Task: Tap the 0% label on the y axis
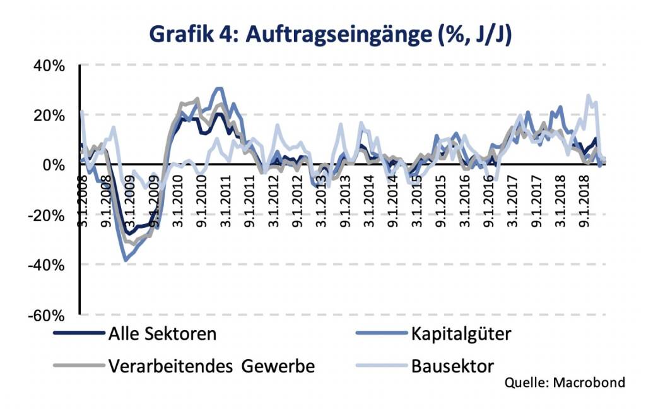coord(53,165)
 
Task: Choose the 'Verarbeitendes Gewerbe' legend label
coord(211,366)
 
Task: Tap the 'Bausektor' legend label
coord(452,366)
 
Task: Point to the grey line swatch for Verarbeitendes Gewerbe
coord(78,365)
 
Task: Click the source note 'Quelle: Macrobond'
coord(565,383)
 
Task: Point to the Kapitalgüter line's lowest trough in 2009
coord(126,259)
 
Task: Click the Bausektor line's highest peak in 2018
coord(589,96)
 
